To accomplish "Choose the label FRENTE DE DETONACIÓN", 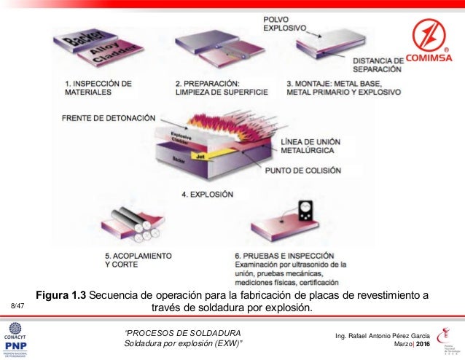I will (x=109, y=117).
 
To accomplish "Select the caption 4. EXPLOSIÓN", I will (x=207, y=195).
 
